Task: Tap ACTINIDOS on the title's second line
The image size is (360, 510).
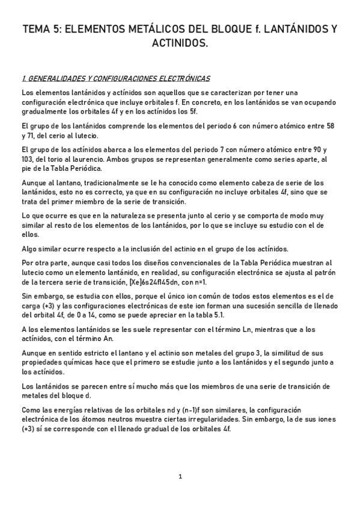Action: tap(180, 43)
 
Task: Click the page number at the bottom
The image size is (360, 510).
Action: tap(180, 477)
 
